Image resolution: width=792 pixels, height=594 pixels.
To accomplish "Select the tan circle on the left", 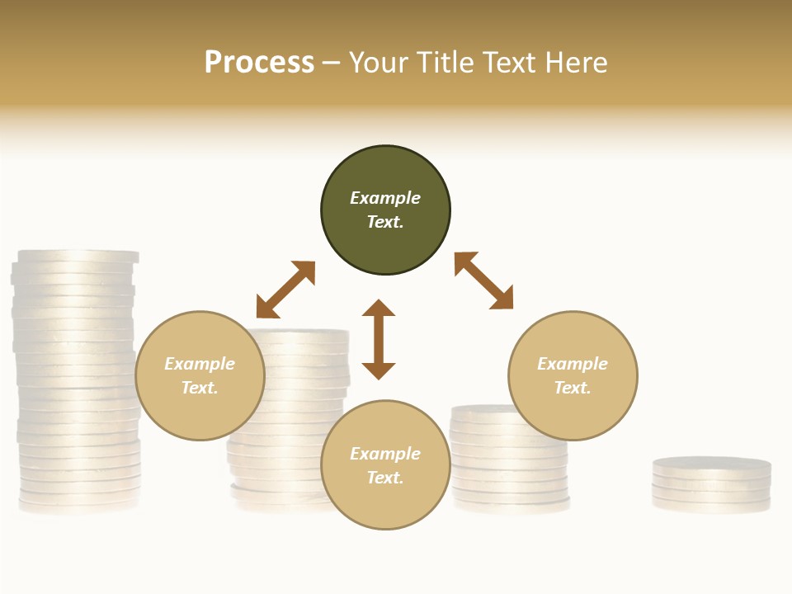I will pos(200,375).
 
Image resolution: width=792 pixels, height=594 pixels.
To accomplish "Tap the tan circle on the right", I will pos(573,375).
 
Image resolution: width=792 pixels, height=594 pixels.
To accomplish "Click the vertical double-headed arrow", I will pos(379,339).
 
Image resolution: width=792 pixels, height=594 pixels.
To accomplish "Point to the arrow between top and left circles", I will pos(285,290).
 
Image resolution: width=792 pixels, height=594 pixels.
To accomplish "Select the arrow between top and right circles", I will pos(484,280).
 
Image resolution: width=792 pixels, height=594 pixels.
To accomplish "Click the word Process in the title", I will pos(259,62).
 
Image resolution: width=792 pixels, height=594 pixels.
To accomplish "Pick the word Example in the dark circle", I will pos(385,198).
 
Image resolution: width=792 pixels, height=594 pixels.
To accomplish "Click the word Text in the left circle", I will pos(200,388).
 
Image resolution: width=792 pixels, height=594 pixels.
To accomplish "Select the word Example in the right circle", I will pos(573,364).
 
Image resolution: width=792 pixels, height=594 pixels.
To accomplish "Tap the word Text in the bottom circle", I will pos(385,478).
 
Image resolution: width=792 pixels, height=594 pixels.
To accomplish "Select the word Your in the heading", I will pos(376,62).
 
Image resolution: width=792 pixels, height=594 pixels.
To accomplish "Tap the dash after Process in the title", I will pos(332,63).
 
